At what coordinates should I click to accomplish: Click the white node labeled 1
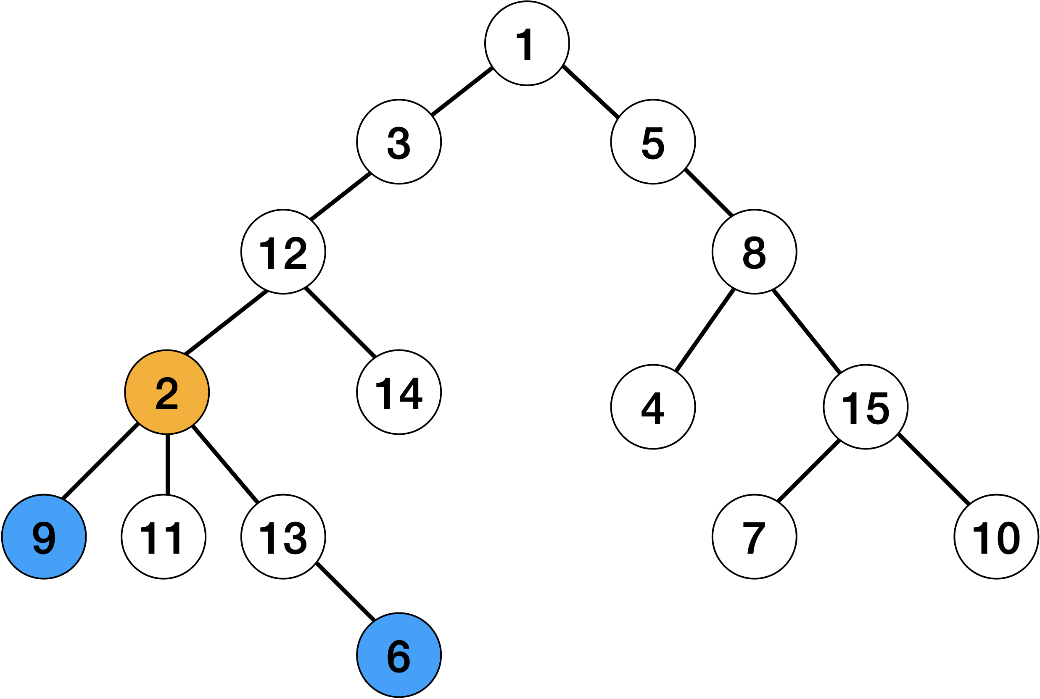527,43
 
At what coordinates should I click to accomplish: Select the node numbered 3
399,142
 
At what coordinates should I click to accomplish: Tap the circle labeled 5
652,142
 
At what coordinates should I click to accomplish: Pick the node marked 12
283,252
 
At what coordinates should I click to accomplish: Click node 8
754,252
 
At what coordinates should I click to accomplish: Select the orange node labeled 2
167,392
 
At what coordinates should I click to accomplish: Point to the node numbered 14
399,392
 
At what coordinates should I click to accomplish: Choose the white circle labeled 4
652,407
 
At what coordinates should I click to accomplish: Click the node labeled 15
865,407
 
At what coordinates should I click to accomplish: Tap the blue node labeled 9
44,537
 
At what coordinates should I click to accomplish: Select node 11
163,537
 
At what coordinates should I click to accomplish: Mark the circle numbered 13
283,537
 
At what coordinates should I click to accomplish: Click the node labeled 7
754,537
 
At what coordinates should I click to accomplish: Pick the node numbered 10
996,537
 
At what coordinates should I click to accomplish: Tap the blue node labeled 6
399,655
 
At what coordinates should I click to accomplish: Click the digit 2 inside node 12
295,253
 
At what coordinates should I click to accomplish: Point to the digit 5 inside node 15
877,408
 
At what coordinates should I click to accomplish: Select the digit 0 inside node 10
1008,538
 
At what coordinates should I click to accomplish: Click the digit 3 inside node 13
295,538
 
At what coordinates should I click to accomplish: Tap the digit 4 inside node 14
411,394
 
